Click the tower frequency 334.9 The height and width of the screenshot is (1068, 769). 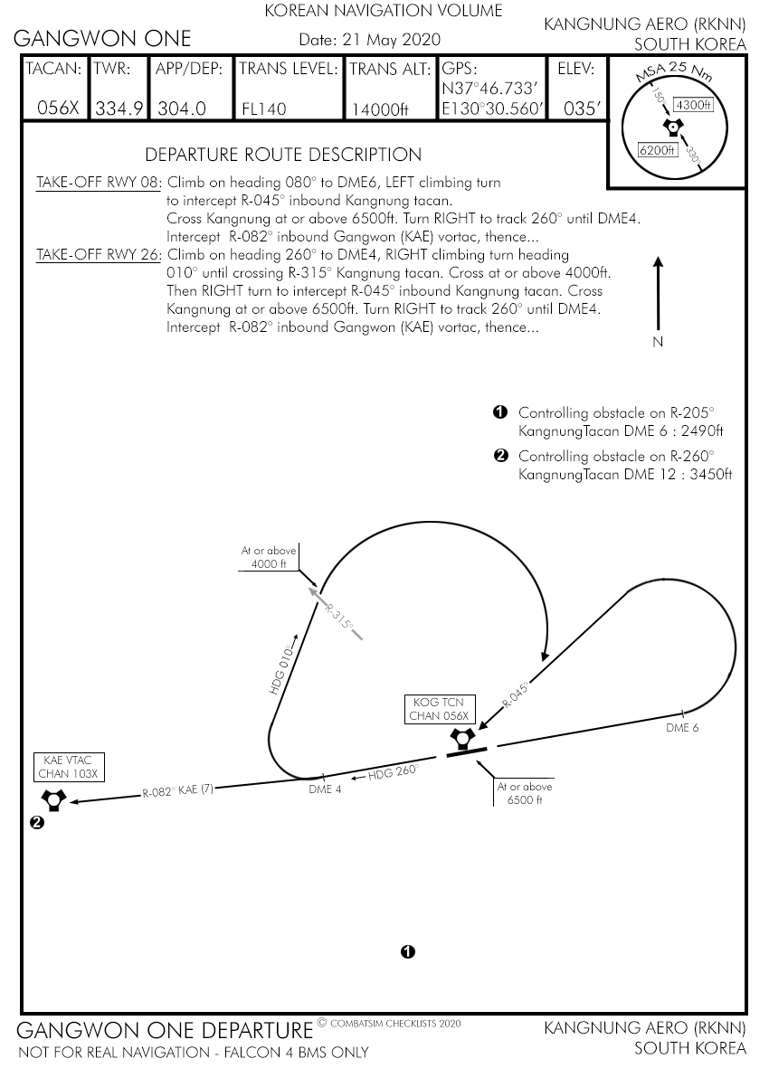point(119,109)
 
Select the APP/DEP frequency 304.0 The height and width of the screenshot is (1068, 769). point(182,109)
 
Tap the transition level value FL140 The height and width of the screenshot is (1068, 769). point(263,109)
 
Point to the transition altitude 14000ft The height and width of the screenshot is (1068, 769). point(380,109)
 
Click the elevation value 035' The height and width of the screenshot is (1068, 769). point(581,109)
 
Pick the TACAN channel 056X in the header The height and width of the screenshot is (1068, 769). point(58,109)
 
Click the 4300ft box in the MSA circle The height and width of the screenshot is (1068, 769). point(693,105)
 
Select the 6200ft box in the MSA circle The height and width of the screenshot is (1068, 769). point(658,150)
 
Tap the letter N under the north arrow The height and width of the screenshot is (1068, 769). point(658,342)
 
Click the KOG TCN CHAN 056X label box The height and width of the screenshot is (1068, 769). point(440,709)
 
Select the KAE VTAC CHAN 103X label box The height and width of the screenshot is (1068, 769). point(68,767)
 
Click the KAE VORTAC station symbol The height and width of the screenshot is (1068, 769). point(53,799)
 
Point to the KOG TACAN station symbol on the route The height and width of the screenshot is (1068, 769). point(463,737)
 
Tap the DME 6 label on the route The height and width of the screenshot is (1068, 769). point(682,727)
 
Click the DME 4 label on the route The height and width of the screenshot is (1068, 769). point(325,789)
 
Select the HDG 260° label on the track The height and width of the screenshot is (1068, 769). point(393,772)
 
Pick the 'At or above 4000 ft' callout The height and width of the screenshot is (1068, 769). point(269,557)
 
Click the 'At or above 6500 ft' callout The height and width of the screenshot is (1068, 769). point(525,793)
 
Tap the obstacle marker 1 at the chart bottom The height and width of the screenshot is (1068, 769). point(408,951)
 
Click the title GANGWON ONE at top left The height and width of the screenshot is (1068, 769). point(102,38)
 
